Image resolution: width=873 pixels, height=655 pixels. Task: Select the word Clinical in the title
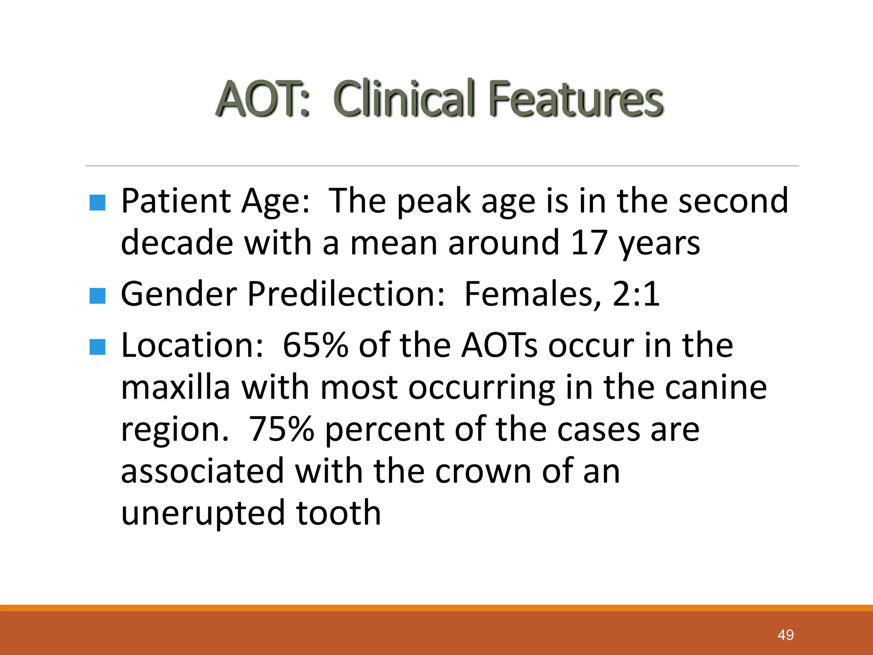pos(404,99)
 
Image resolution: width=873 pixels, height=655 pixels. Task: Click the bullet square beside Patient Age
pos(98,203)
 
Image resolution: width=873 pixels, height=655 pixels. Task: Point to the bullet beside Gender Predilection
pos(98,296)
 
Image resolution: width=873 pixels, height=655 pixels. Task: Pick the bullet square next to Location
pos(98,347)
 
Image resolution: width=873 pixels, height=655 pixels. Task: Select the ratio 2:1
pos(636,294)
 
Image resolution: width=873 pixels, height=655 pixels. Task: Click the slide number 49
pos(786,635)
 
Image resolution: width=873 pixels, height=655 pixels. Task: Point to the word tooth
pos(338,513)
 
